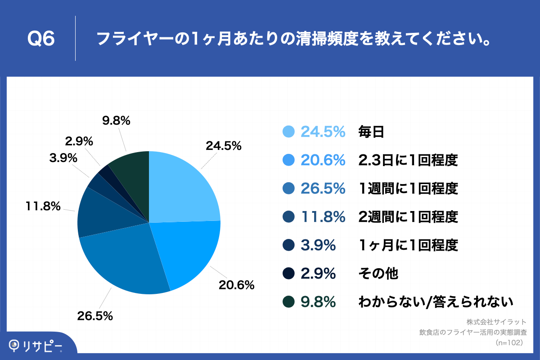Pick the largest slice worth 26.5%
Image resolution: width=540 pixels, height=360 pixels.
(126, 261)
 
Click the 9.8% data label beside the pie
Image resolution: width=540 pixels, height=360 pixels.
(116, 121)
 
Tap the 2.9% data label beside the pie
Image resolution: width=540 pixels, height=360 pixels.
(79, 141)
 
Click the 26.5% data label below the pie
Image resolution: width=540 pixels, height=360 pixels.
(94, 316)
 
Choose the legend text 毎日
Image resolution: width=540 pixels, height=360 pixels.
(371, 132)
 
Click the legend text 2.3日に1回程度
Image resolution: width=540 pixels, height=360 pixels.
(408, 160)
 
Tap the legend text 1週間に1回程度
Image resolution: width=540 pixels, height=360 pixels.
(408, 189)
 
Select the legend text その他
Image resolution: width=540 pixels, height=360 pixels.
(378, 273)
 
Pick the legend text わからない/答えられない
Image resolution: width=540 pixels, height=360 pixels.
(436, 301)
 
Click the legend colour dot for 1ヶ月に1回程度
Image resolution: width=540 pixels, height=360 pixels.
(289, 245)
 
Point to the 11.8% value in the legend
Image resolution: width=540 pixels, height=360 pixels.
(323, 217)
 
